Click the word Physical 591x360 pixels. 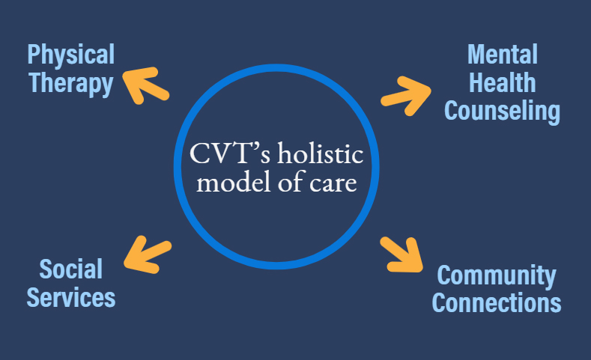click(71, 55)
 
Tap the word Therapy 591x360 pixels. click(71, 84)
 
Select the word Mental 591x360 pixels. click(503, 54)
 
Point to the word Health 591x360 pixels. click(503, 82)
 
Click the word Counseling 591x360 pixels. click(503, 112)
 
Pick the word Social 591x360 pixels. click(71, 269)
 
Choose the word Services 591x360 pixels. click(71, 297)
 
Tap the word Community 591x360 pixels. click(497, 276)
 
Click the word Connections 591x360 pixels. click(497, 303)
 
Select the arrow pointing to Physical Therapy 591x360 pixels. click(145, 85)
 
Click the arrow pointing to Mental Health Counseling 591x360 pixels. click(407, 95)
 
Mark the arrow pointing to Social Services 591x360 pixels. click(147, 255)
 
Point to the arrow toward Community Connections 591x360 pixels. click(402, 255)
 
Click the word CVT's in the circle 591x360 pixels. click(230, 153)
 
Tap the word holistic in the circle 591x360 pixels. click(321, 153)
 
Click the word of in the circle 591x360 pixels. click(291, 182)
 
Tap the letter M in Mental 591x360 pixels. click(476, 55)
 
